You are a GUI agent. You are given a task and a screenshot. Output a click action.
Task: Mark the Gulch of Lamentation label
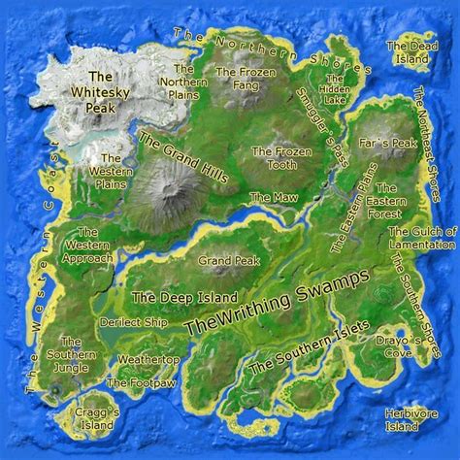coord(422,237)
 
